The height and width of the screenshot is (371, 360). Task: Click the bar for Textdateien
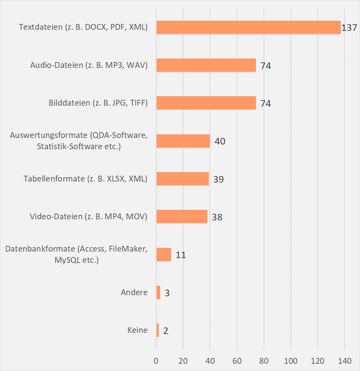[x=248, y=27]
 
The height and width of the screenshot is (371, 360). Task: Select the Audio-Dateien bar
[x=206, y=65]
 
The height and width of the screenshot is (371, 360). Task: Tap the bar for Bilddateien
[x=206, y=103]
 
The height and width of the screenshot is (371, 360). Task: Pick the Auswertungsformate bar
[x=183, y=141]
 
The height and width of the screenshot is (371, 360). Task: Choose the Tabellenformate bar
[x=182, y=179]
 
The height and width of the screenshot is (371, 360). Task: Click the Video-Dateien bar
[x=182, y=217]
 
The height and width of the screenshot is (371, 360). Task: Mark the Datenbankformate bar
[x=164, y=254]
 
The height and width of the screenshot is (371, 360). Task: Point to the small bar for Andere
[x=158, y=292]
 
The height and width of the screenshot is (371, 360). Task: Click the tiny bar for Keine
[x=158, y=330]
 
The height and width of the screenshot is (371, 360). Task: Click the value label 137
[x=349, y=28]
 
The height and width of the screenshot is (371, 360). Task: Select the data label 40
[x=220, y=141]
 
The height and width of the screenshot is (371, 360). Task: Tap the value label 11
[x=181, y=255]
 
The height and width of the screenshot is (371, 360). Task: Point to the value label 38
[x=217, y=217]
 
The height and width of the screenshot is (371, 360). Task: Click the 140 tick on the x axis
[x=344, y=361]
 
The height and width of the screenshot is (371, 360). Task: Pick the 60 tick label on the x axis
[x=237, y=361]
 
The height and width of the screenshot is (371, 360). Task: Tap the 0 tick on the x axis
[x=156, y=361]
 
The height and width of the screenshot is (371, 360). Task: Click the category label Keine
[x=137, y=330]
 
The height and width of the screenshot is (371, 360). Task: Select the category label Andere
[x=134, y=292]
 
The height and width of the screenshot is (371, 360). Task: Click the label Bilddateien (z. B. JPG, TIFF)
[x=98, y=103]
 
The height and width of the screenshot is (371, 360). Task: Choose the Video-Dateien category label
[x=88, y=217]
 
